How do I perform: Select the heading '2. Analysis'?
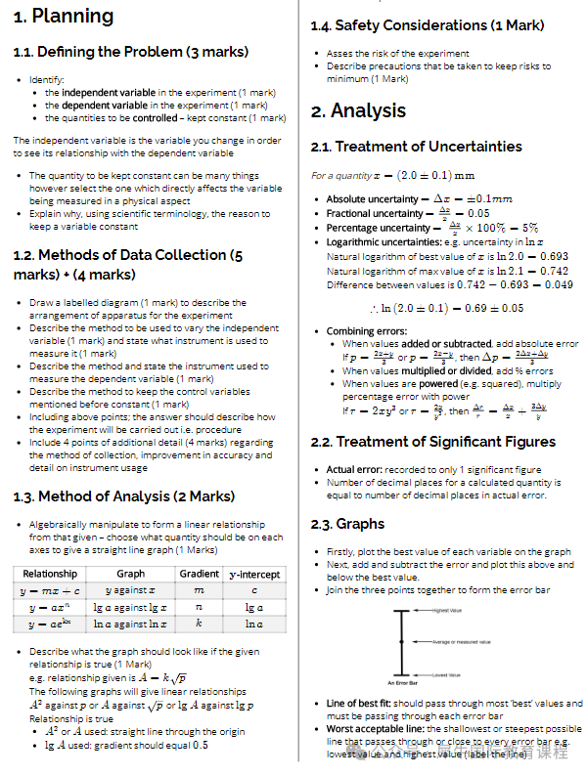pos(358,110)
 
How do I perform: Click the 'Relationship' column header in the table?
pos(50,574)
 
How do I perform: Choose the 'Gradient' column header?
pos(200,574)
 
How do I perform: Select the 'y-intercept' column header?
pos(254,574)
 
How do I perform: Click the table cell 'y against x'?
pos(131,591)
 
